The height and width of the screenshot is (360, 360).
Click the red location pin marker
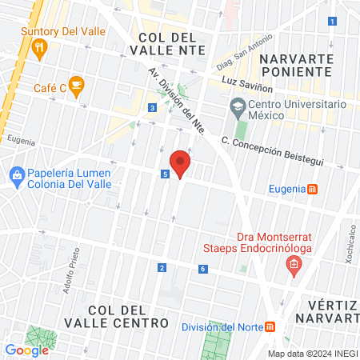[181, 163]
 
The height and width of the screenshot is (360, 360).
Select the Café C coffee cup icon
[75, 84]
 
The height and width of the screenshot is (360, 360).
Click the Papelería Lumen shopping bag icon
[17, 174]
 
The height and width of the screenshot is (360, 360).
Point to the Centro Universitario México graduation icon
[237, 106]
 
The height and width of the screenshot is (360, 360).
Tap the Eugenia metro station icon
[314, 189]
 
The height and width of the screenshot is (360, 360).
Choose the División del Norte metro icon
[270, 326]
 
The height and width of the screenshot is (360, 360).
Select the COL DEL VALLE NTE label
[167, 44]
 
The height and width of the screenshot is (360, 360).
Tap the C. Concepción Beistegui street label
[272, 152]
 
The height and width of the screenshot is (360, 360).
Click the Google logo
[26, 350]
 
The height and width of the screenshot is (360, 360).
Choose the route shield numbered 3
[151, 107]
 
